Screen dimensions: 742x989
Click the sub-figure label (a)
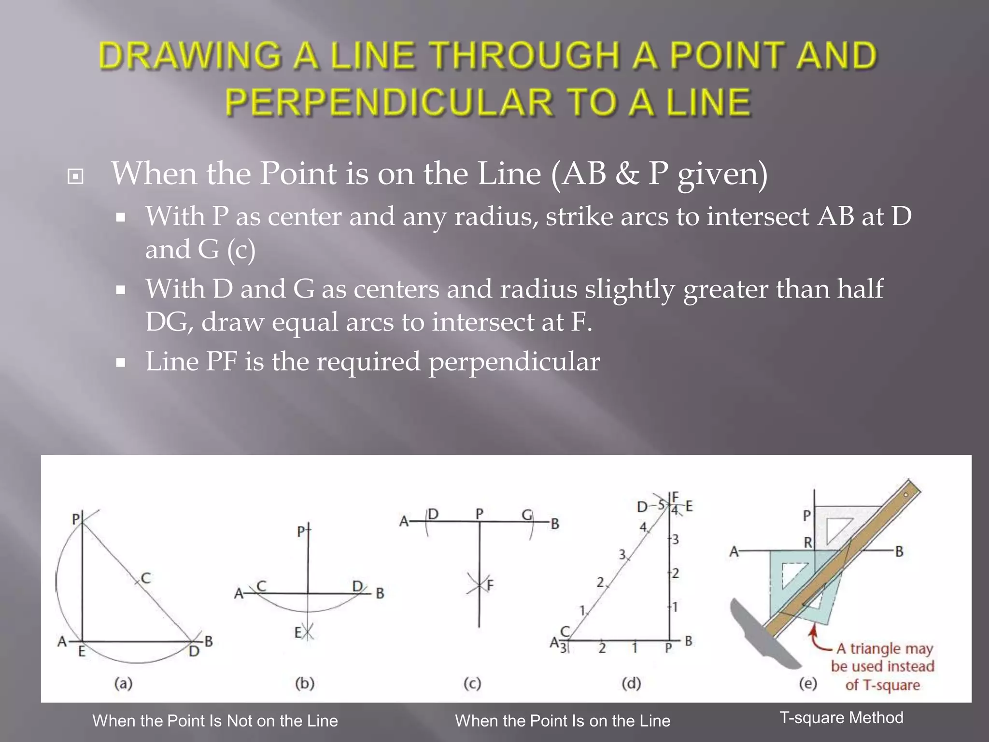point(123,684)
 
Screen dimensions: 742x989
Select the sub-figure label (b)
point(305,684)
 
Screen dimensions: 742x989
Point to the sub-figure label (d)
point(631,684)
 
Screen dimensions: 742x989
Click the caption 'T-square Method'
point(841,718)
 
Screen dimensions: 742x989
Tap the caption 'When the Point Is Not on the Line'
point(215,721)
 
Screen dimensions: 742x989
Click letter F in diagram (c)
point(490,585)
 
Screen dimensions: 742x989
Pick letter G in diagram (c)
point(527,515)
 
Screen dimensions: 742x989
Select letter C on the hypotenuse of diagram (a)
point(146,578)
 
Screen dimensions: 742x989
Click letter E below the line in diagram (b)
point(298,632)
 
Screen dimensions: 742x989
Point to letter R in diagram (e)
point(808,542)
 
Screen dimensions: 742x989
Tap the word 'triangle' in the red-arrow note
point(874,648)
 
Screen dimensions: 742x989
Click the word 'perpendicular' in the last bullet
point(514,361)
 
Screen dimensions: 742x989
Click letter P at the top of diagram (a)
point(76,519)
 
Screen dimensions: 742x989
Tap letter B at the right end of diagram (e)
point(899,551)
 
